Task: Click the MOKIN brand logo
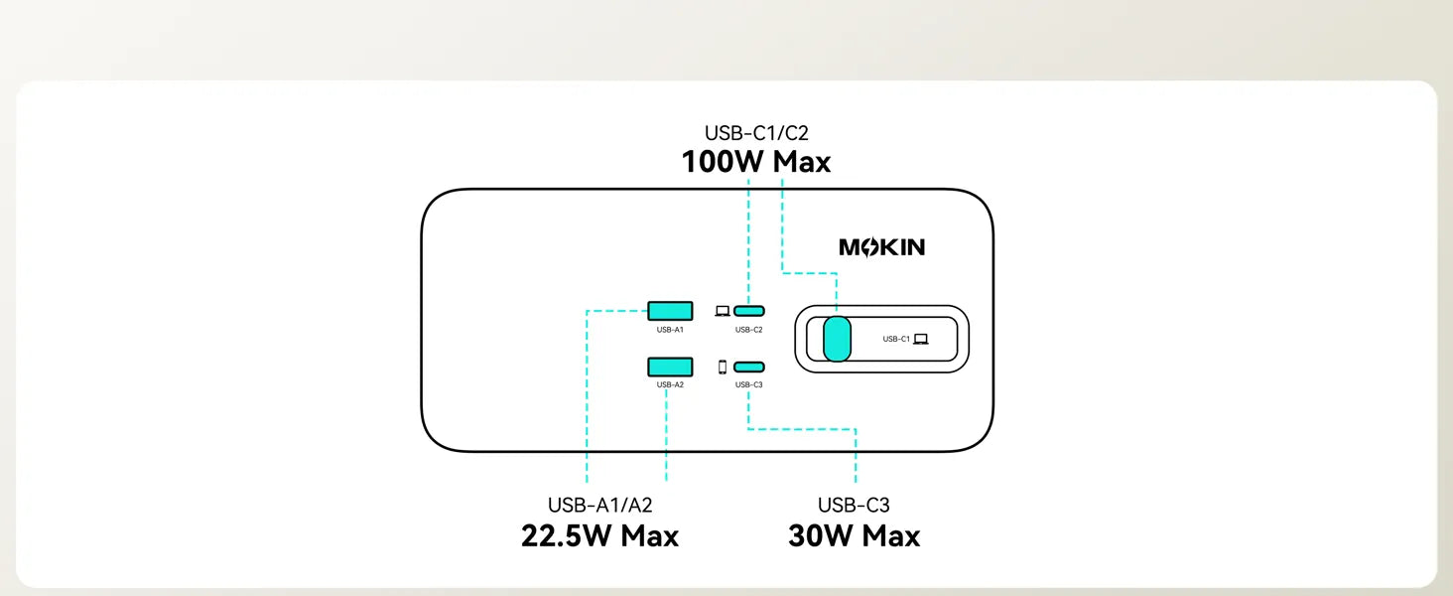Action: pos(881,247)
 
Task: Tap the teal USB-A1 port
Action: pos(670,311)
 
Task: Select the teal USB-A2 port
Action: pos(670,367)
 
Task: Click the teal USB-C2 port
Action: pos(749,311)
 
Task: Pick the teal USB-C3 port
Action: pos(749,367)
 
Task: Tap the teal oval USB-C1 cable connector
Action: pos(838,339)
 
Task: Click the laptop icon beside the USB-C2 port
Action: pos(723,311)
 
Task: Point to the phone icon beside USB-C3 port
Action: pos(723,367)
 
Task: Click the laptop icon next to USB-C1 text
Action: pos(921,339)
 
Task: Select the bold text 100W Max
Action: pos(755,162)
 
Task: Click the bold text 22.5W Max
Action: pos(599,536)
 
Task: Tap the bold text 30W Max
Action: pos(854,536)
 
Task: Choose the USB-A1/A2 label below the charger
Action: pos(599,505)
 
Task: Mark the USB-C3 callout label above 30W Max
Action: pos(854,505)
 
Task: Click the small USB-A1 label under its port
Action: pos(670,329)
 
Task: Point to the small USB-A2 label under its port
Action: pos(670,384)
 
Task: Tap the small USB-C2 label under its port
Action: pos(749,329)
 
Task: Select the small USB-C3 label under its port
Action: pos(749,384)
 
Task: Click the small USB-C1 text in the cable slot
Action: pos(896,339)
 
